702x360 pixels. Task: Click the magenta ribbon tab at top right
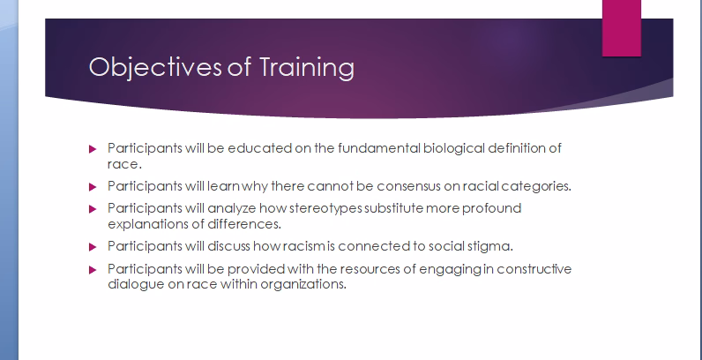coord(621,27)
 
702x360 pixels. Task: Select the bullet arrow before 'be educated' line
coord(93,149)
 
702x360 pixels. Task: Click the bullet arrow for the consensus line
coord(93,187)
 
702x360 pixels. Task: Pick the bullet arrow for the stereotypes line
coord(93,209)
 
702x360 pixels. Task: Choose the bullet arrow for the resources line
coord(93,269)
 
